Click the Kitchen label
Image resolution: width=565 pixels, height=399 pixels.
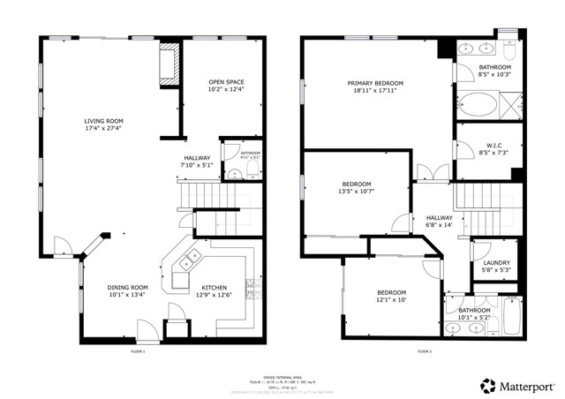pos(215,287)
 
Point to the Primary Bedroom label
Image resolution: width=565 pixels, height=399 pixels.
pos(376,82)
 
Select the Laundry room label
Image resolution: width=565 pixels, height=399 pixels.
pos(495,262)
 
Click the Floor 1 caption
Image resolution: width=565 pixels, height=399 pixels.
pos(137,351)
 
